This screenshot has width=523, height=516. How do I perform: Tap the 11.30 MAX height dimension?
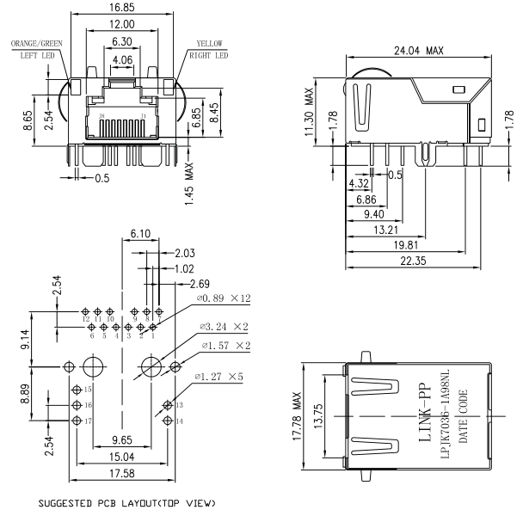[x=308, y=111]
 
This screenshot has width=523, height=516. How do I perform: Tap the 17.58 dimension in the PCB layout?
[x=120, y=473]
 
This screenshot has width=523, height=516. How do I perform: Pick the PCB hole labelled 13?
[x=167, y=404]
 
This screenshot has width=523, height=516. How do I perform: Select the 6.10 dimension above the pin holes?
[x=140, y=234]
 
